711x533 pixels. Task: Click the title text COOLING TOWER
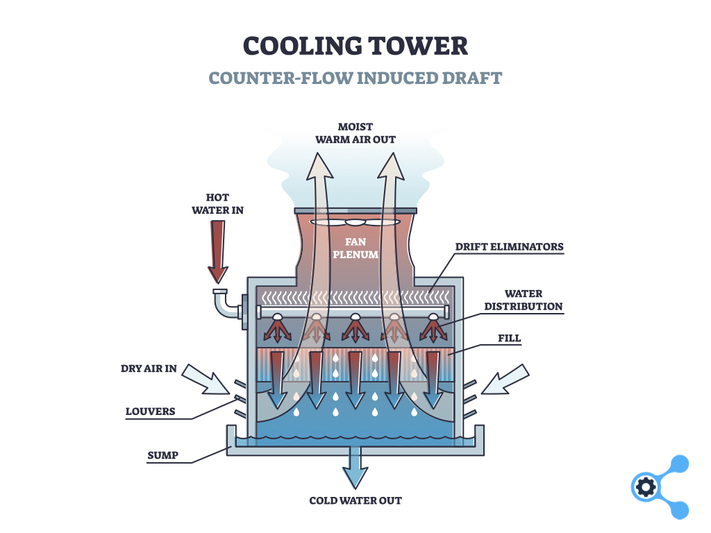[355, 46]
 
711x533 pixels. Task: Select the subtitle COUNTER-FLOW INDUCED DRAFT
[355, 77]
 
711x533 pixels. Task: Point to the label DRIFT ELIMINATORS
[510, 246]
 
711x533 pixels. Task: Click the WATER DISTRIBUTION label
[524, 300]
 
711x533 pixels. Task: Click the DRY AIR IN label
[149, 369]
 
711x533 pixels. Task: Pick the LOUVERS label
[150, 412]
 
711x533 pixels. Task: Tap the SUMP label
[162, 455]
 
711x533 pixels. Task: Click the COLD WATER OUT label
[355, 500]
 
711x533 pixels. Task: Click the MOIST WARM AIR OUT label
[355, 133]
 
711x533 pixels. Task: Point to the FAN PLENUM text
[355, 248]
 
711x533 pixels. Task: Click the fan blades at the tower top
[355, 223]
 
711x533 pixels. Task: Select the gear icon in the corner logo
[645, 487]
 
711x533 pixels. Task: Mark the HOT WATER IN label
[218, 203]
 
